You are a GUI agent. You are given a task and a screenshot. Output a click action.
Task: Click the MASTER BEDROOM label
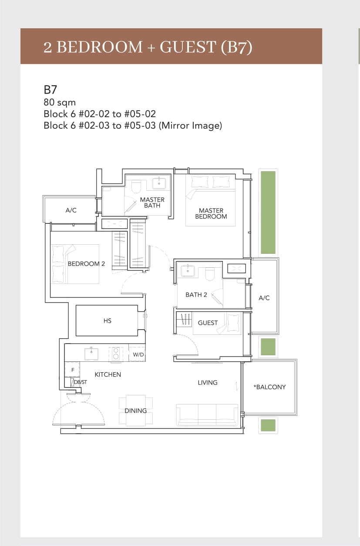point(211,213)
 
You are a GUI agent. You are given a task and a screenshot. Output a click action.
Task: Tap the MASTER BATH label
point(152,202)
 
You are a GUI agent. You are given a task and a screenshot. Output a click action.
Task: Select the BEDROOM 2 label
point(86,264)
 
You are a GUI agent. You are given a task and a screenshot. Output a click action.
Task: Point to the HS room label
point(108,321)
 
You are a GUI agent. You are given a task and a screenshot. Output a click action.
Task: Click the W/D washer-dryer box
point(138,355)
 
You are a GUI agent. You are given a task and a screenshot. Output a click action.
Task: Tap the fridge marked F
point(73,370)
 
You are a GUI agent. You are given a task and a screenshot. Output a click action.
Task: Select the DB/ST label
point(81,382)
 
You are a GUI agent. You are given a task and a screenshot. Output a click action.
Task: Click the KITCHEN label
point(108,374)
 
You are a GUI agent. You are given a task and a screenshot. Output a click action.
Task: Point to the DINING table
point(135,411)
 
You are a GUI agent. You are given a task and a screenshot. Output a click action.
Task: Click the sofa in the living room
point(207,413)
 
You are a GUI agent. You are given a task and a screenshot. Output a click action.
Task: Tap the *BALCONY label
point(269,387)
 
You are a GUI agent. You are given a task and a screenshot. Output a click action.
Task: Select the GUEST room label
point(208,323)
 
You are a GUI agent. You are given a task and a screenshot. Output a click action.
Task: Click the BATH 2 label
point(196,295)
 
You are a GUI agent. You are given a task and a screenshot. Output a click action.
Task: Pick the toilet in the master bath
point(136,187)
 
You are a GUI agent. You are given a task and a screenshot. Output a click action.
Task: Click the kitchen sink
point(91,354)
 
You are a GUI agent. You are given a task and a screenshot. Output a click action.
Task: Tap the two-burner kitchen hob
point(116,353)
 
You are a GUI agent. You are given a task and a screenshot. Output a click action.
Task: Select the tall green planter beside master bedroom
point(268,212)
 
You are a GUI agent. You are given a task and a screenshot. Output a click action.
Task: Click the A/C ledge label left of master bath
point(71,210)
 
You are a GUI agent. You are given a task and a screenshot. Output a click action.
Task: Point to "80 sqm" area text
point(60,102)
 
